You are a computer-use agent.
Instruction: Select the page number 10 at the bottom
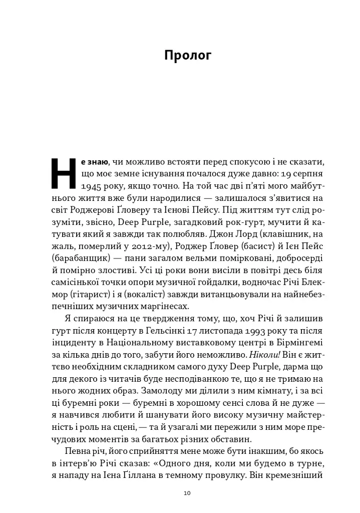click(187, 493)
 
